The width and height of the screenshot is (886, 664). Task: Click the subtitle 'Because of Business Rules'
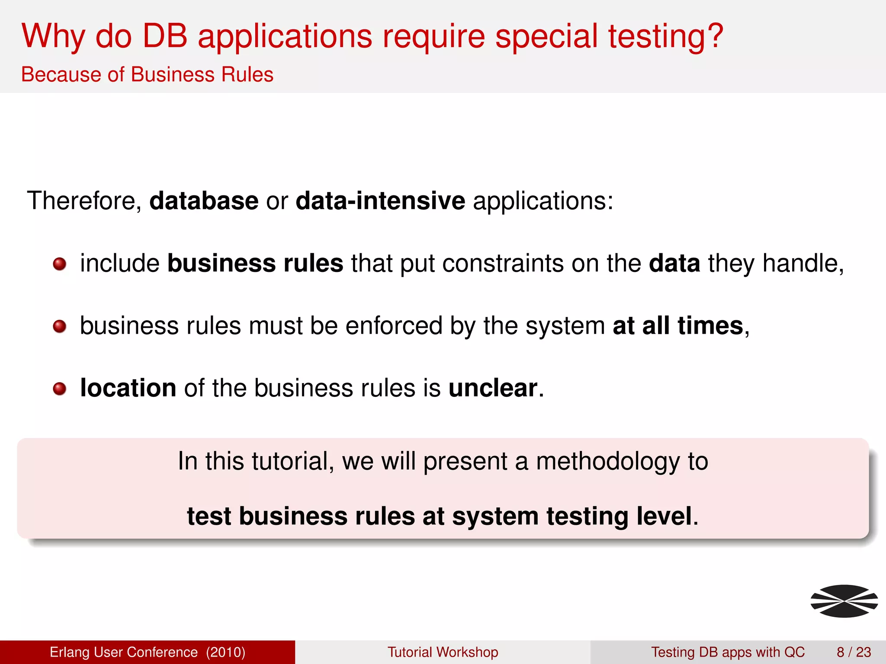147,74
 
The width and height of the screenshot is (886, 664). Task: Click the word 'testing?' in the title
665,36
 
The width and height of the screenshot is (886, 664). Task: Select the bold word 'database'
204,201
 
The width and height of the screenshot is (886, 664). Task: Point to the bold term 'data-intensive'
380,201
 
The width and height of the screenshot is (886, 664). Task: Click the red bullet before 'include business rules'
59,264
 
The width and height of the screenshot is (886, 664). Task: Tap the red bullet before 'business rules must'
59,326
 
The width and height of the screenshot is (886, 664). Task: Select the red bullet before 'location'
59,389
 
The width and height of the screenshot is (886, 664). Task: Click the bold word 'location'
128,388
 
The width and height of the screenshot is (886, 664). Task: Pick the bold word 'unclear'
493,388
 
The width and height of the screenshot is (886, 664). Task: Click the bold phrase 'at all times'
677,326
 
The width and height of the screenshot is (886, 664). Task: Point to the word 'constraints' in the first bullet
503,263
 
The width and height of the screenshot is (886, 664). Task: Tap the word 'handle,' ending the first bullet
803,263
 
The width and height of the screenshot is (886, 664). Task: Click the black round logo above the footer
844,601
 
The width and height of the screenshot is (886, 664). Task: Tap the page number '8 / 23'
854,652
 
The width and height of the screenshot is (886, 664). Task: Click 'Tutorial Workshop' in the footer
443,652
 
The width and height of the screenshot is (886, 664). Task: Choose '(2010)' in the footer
225,652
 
